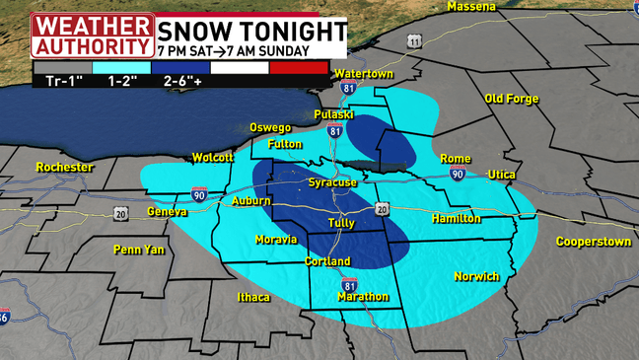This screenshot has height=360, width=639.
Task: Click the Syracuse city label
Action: click(x=331, y=182)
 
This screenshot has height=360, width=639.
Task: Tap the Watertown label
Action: click(x=363, y=74)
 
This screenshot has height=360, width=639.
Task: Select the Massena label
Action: click(x=470, y=7)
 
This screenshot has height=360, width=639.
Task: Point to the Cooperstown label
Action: click(x=593, y=241)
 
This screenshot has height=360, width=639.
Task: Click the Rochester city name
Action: click(x=64, y=167)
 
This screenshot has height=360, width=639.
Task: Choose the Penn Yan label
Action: click(x=139, y=250)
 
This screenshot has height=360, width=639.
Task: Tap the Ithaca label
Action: click(x=253, y=297)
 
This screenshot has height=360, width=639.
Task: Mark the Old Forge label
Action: click(x=512, y=99)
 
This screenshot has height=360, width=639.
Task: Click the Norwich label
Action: click(x=476, y=276)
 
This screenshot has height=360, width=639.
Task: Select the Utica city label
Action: click(x=501, y=175)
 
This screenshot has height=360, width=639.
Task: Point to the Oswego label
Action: click(x=270, y=127)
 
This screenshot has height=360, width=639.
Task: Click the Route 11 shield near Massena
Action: click(x=414, y=40)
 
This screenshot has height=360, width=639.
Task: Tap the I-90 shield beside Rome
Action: click(x=458, y=174)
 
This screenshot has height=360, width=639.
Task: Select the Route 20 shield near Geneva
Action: click(x=120, y=213)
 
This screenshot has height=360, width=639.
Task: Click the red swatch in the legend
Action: click(x=299, y=68)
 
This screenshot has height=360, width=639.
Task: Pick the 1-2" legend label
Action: click(x=121, y=82)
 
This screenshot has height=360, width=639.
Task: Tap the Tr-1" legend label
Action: click(x=61, y=82)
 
